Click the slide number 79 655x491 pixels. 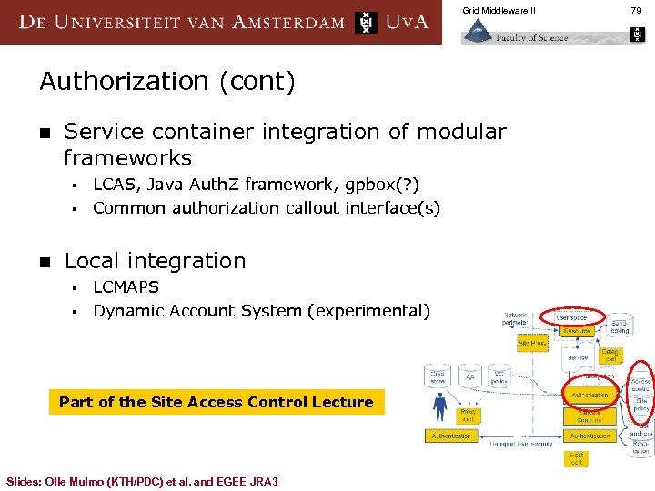click(x=636, y=10)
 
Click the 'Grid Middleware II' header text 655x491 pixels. click(x=499, y=10)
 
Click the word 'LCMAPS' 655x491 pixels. click(x=126, y=286)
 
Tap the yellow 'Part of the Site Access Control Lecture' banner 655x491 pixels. click(x=216, y=402)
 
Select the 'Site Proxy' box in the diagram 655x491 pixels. click(x=532, y=344)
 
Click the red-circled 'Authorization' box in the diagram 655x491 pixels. click(x=589, y=396)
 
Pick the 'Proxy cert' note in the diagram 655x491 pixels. click(x=468, y=415)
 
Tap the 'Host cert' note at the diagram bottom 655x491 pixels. click(x=577, y=459)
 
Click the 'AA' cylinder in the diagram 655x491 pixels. click(x=470, y=376)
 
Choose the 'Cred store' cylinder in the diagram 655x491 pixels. click(x=438, y=376)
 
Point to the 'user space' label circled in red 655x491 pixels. click(x=572, y=317)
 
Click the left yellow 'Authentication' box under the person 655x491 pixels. click(x=451, y=436)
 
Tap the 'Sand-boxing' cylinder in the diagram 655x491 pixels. click(x=619, y=326)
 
